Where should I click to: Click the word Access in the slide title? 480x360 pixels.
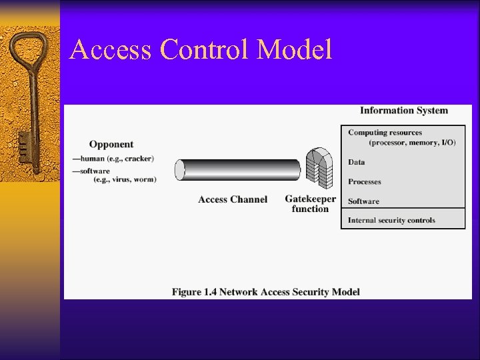coord(109,51)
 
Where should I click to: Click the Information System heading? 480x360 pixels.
coord(404,111)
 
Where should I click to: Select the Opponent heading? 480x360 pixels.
coord(111,144)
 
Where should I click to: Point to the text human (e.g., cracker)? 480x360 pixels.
coord(117,159)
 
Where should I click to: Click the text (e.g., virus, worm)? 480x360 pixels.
coord(125,179)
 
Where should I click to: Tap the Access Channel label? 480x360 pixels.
coord(233,199)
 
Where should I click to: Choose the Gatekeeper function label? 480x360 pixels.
coord(310,203)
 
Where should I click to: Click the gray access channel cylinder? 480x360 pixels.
coord(238,170)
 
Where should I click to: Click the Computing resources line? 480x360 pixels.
coord(385,133)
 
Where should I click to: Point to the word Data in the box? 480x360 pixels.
coord(357,162)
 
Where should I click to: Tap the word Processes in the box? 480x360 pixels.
coord(365,181)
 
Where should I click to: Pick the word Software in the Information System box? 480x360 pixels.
coord(363,201)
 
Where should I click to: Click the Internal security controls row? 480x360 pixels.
coord(391,220)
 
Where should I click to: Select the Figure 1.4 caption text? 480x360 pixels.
coord(266,291)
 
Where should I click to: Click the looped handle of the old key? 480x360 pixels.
coord(29,56)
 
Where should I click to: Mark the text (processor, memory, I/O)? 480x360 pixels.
coord(412,143)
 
